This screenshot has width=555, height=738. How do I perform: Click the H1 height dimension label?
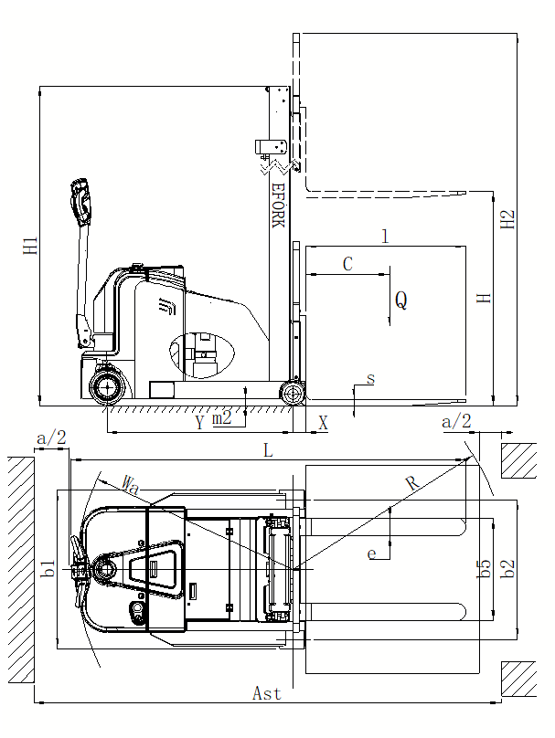[30, 246]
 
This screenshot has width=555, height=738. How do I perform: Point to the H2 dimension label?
[507, 219]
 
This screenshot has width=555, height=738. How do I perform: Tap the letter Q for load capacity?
[401, 300]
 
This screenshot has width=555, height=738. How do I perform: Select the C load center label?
[347, 264]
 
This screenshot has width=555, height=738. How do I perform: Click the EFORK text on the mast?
[279, 206]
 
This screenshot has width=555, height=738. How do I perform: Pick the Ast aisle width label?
[267, 693]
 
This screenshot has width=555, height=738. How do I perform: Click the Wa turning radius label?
[131, 485]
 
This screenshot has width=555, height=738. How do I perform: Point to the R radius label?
[411, 483]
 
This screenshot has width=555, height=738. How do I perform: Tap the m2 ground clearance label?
[221, 417]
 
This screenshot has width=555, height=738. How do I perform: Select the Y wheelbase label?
[200, 423]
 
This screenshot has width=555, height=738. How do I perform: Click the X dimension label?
[323, 423]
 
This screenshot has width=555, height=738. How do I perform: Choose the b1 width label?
[48, 568]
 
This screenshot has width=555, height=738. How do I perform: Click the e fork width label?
[372, 554]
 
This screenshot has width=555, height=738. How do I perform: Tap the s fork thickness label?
[371, 379]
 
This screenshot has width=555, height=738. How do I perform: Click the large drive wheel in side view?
[107, 387]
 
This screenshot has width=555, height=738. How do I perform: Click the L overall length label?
[268, 451]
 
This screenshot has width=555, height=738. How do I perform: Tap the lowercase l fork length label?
[385, 236]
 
